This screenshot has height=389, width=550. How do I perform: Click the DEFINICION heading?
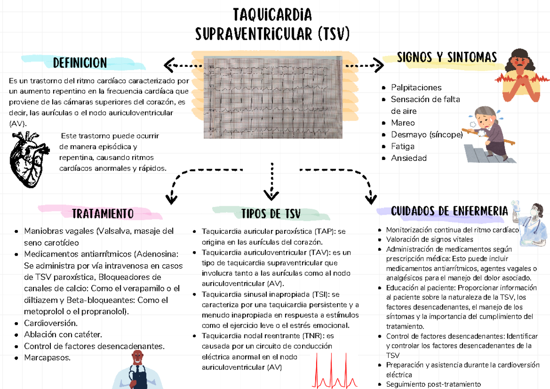pos(80,63)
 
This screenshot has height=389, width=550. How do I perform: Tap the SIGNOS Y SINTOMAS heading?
pos(446,58)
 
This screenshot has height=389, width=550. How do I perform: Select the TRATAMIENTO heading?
pos(103,214)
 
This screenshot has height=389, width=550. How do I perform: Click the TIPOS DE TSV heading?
pos(270,214)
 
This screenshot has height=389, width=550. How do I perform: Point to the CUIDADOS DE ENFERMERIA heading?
pos(449,211)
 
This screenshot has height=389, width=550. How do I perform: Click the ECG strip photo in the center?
pos(273,97)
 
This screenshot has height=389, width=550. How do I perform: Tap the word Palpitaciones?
pos(416,88)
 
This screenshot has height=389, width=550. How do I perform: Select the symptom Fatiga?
pos(402,147)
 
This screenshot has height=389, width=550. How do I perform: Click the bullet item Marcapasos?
pos(47,358)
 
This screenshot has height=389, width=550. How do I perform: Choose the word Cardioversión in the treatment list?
pos(50,323)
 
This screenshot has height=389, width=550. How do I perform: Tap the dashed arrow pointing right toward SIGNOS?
pos(365,66)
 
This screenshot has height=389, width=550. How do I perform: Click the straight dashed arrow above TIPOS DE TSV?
pos(272,181)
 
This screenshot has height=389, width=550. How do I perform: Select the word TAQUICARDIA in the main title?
pos(272,15)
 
